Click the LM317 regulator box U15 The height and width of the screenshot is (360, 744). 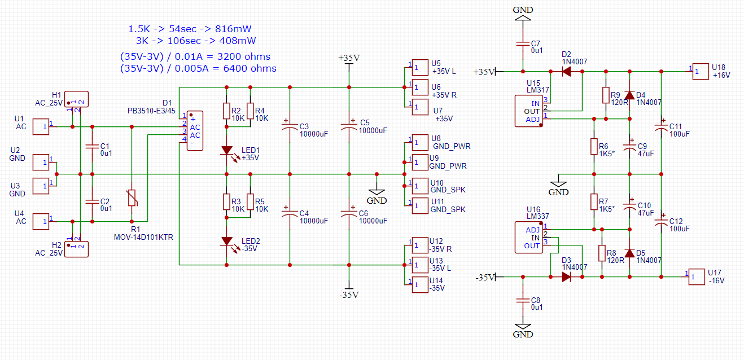[x=529, y=111]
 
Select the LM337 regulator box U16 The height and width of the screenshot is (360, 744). [x=529, y=238]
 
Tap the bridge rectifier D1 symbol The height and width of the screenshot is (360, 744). [x=195, y=131]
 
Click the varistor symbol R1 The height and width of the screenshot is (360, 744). [x=132, y=197]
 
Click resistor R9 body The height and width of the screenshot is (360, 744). [x=606, y=95]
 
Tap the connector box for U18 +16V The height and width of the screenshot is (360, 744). [x=701, y=72]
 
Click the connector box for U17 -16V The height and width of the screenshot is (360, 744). [x=697, y=276]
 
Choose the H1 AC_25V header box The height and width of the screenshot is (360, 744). [x=76, y=99]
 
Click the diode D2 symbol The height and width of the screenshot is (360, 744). [x=566, y=72]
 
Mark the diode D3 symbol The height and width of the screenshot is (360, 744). [x=566, y=276]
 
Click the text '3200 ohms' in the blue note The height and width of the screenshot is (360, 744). [x=244, y=56]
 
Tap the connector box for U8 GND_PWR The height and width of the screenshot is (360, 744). [x=420, y=142]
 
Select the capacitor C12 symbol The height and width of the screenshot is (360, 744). [x=661, y=222]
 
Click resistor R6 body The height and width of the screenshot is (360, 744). [x=594, y=147]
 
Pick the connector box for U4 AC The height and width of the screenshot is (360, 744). [x=41, y=222]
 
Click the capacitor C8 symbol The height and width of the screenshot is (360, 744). [x=523, y=300]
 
